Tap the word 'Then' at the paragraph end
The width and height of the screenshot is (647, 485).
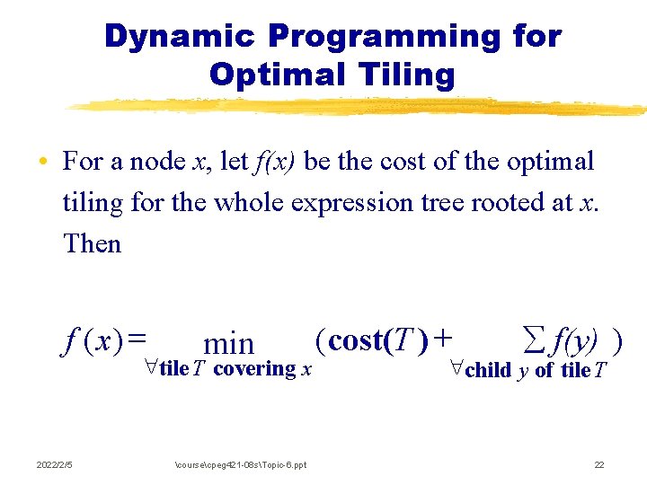click(x=92, y=242)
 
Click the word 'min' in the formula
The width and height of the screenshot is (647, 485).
click(x=229, y=343)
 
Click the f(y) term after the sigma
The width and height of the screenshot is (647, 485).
click(x=575, y=341)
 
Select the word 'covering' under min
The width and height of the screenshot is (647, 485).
click(x=255, y=369)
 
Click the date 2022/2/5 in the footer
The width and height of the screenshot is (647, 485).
click(x=55, y=464)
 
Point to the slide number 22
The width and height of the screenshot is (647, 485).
click(x=598, y=464)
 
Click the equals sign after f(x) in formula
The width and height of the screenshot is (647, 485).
click(x=137, y=340)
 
